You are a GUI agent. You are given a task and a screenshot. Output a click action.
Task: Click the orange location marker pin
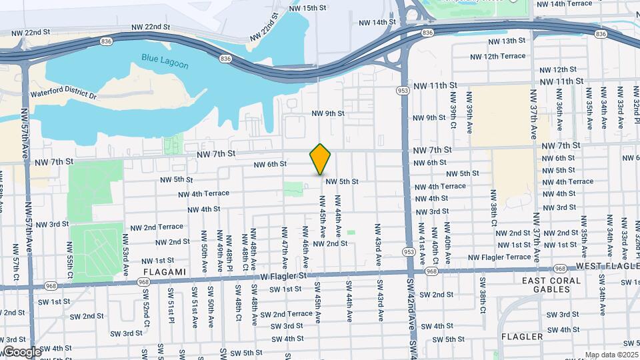[x=321, y=159]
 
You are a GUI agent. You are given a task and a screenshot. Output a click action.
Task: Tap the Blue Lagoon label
[x=165, y=62]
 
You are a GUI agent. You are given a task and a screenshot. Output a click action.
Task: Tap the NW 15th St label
[x=308, y=8]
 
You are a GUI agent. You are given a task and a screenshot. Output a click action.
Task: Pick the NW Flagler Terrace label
[x=499, y=257]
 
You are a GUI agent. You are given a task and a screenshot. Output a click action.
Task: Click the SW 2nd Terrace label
[x=286, y=314]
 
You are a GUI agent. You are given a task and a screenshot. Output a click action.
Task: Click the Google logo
[x=22, y=352]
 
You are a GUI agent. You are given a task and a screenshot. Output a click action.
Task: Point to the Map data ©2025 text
[x=611, y=355]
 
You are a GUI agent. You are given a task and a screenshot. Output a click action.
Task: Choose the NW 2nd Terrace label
[x=157, y=227]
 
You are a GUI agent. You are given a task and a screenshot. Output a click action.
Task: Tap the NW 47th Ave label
[x=285, y=243]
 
